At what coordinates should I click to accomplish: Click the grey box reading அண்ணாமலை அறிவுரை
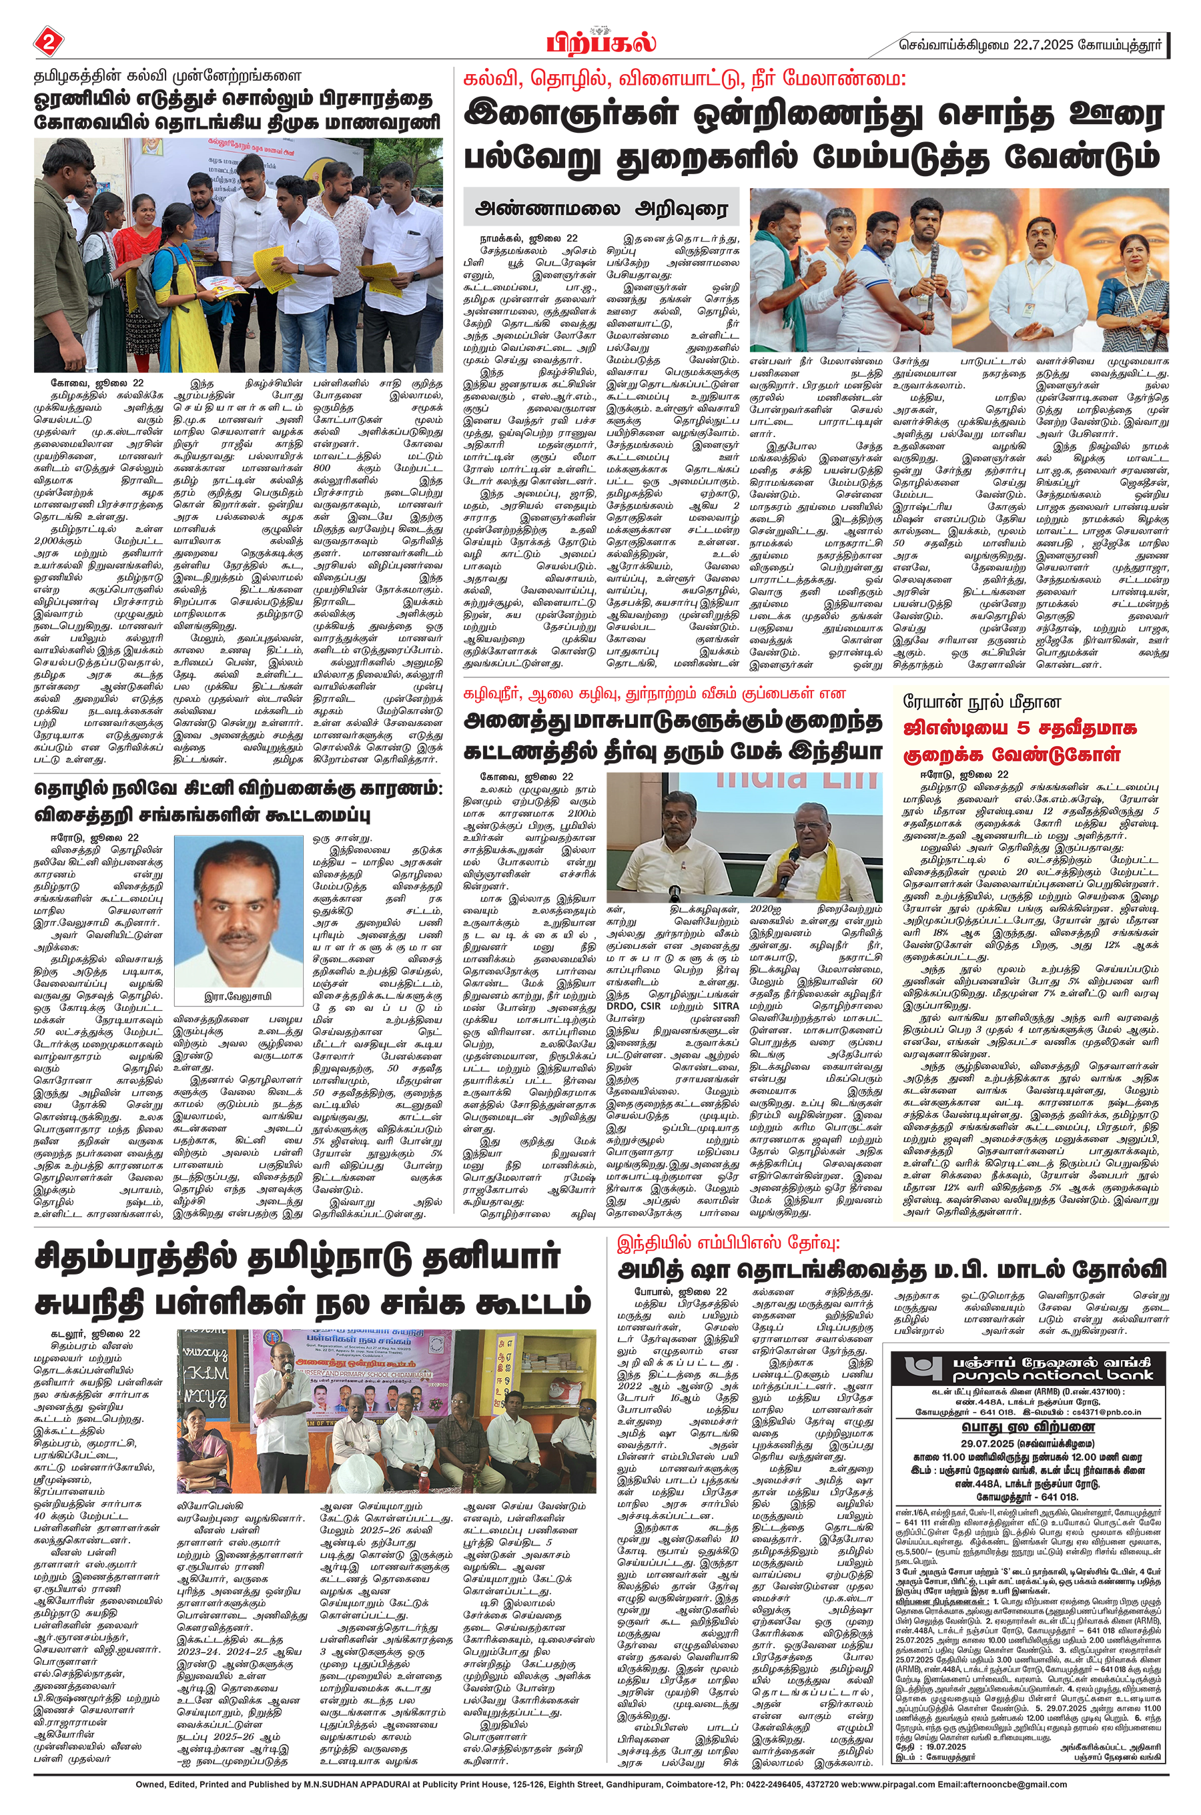[602, 208]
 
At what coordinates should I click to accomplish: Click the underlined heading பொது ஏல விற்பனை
[1028, 1427]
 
